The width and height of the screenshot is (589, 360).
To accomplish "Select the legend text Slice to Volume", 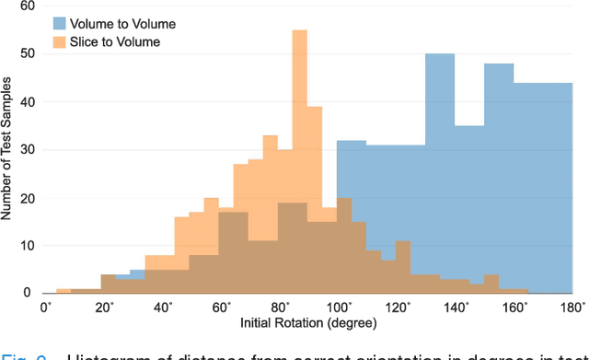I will (121, 41).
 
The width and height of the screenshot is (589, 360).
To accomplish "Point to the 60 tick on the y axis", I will (29, 6).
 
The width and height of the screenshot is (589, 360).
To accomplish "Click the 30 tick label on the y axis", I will (29, 149).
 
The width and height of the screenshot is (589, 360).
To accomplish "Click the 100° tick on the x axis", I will (338, 307).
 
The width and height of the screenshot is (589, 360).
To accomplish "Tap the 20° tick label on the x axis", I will (103, 307).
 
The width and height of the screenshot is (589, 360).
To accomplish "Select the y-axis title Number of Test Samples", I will (8, 150).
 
